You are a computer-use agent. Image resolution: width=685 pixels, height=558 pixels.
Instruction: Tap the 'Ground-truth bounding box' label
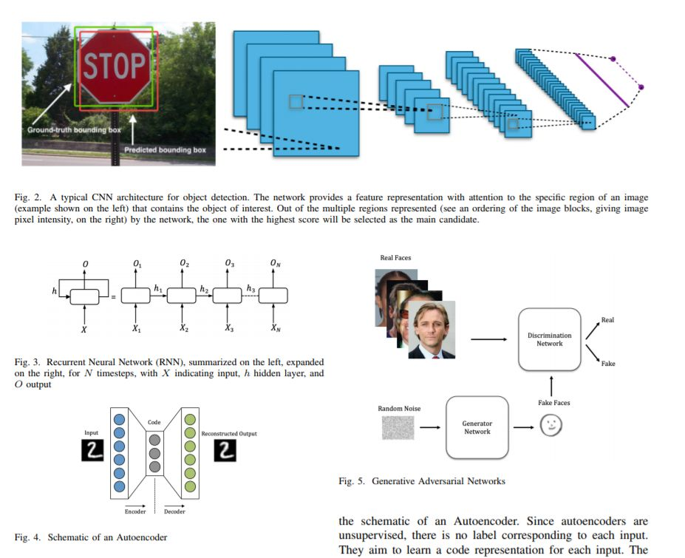pyautogui.click(x=74, y=130)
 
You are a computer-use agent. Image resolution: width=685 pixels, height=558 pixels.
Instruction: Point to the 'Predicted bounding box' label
pyautogui.click(x=165, y=150)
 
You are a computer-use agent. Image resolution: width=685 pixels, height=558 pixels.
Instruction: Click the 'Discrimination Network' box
pyautogui.click(x=549, y=339)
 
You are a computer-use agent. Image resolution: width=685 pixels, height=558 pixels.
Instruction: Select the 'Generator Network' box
pyautogui.click(x=477, y=427)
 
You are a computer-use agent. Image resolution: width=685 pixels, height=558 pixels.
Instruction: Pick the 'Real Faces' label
pyautogui.click(x=395, y=258)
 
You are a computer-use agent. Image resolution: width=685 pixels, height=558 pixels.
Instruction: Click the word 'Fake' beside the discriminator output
pyautogui.click(x=607, y=364)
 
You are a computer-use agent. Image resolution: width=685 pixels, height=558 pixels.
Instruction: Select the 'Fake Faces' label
pyautogui.click(x=553, y=403)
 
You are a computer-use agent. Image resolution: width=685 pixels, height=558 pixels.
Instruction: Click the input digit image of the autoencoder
pyautogui.click(x=92, y=450)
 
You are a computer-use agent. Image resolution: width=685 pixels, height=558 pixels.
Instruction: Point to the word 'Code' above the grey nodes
pyautogui.click(x=154, y=422)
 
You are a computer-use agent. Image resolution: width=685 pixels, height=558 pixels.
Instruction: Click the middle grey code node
pyautogui.click(x=154, y=453)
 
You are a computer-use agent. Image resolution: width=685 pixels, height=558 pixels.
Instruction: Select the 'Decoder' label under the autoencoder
pyautogui.click(x=174, y=511)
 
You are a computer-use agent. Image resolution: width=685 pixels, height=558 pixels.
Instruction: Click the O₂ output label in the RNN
pyautogui.click(x=184, y=264)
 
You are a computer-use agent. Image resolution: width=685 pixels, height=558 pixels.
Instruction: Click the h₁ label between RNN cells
pyautogui.click(x=158, y=289)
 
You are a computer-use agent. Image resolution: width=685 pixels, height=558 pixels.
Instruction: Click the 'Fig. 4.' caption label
pyautogui.click(x=27, y=537)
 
